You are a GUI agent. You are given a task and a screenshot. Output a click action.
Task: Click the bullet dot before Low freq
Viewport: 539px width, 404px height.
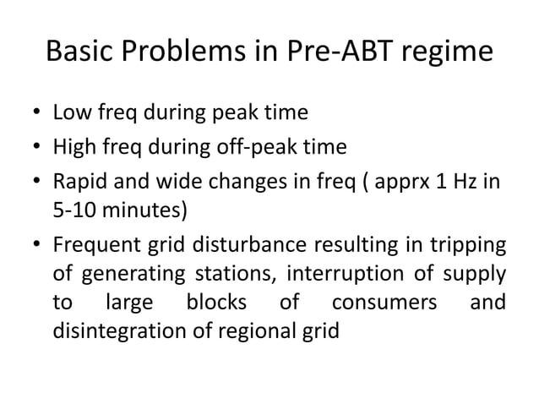pos(37,112)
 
